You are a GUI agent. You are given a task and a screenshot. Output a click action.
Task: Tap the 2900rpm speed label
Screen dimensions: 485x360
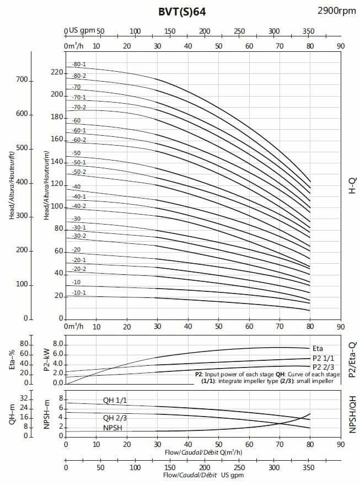(x=336, y=10)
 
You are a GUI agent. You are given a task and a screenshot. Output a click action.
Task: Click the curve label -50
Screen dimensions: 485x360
(x=76, y=153)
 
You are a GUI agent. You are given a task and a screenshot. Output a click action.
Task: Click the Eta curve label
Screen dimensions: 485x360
(x=318, y=348)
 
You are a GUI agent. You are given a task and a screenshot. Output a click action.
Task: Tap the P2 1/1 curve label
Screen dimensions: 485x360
(x=324, y=358)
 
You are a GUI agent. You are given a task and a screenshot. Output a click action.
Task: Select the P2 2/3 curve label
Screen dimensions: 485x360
(x=324, y=367)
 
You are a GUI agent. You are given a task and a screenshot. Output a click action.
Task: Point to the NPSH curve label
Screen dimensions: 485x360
(x=112, y=427)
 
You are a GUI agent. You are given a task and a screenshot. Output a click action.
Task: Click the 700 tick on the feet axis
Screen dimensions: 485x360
(x=22, y=80)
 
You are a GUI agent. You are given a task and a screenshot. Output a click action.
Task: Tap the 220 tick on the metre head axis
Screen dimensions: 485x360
(x=57, y=72)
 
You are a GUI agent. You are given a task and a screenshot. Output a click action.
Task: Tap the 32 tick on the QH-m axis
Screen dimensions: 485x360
(x=24, y=398)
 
